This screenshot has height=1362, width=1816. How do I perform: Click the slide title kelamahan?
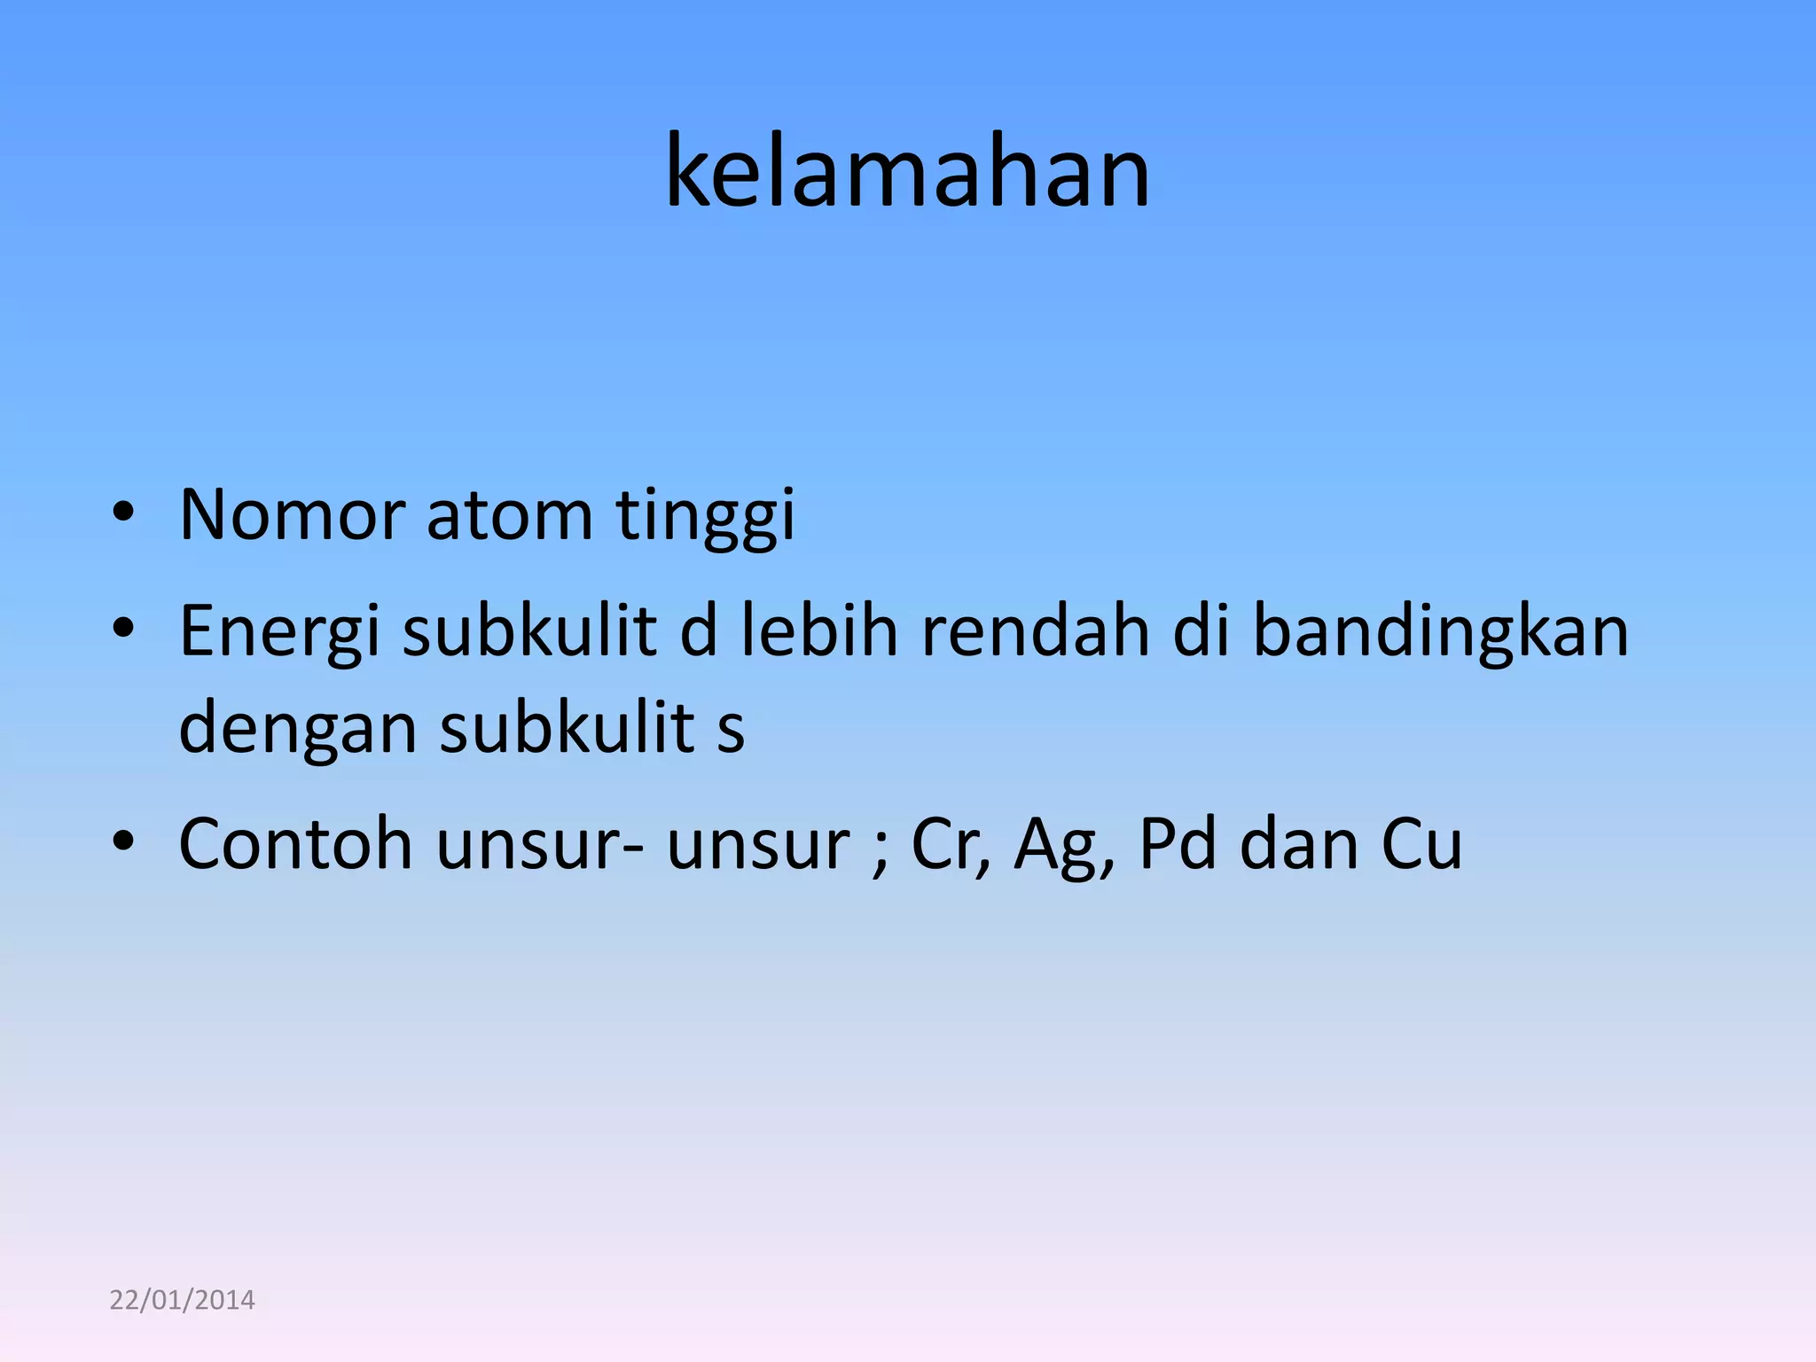(907, 170)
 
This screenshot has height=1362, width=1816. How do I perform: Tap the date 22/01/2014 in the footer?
(182, 1300)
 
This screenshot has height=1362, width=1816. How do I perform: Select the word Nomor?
(292, 514)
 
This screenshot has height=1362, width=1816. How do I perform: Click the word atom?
(509, 514)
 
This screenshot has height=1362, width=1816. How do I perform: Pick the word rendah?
(1035, 630)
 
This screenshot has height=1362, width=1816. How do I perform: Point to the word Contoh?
(295, 843)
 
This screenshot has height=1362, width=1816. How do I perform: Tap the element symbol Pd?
(1177, 843)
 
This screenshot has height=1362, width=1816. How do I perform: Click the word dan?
(1298, 843)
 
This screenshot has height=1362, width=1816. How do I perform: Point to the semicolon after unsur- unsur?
(880, 852)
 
